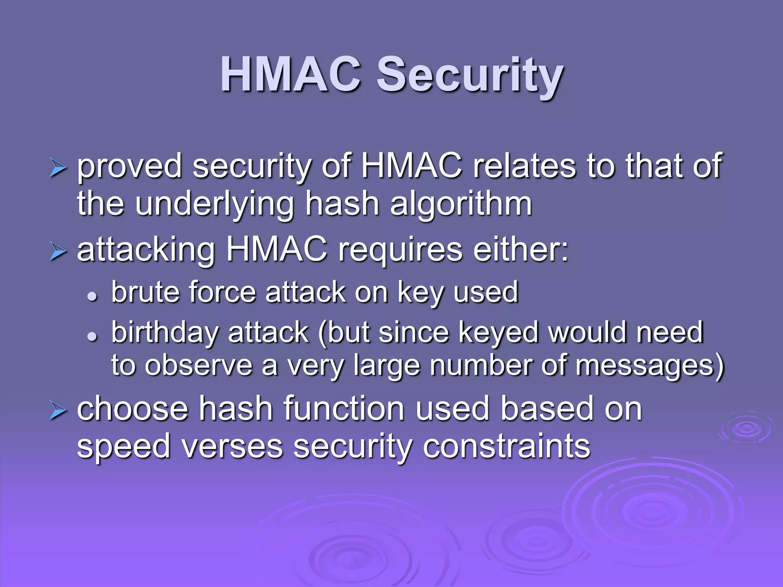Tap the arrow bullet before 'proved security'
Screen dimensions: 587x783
[x=58, y=169]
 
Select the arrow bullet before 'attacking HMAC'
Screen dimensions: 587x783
[x=58, y=252]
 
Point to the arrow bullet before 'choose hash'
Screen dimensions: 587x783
[x=58, y=412]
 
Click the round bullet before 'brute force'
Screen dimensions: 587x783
[x=92, y=296]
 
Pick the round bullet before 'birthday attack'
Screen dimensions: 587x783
[x=92, y=336]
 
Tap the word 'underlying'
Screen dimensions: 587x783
[x=214, y=205]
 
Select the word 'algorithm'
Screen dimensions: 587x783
[x=461, y=205]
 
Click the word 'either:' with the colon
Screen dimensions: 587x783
[x=520, y=250]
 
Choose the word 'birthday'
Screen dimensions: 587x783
[x=164, y=332]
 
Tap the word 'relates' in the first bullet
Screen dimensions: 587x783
[x=524, y=166]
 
